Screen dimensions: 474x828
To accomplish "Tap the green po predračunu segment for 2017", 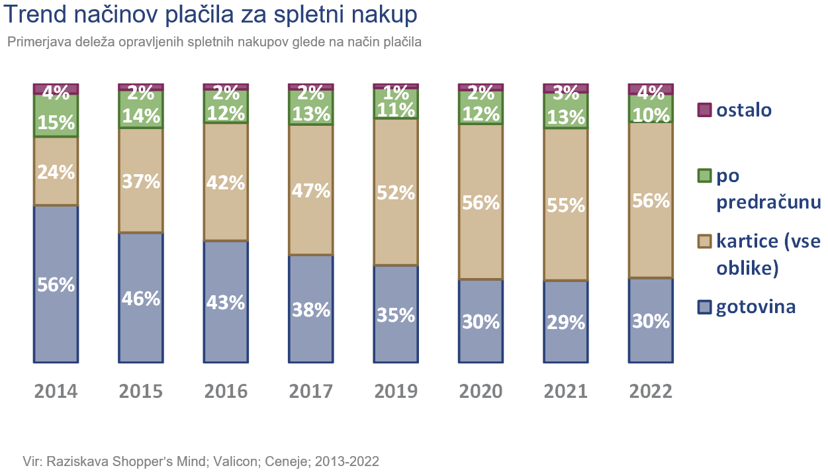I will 311,107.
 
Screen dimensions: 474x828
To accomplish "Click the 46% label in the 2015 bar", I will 141,299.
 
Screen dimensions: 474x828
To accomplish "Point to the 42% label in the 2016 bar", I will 226,183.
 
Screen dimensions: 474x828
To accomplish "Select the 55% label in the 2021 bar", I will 566,205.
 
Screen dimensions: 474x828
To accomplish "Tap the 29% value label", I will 566,322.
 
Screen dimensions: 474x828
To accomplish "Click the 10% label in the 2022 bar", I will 651,115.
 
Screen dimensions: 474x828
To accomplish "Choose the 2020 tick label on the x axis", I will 481,391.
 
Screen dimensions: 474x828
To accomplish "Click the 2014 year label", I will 56,391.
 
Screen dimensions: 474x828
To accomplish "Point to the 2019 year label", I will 396,391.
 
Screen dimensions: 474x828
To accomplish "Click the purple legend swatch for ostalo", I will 705,110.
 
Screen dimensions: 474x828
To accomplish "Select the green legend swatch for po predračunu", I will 705,176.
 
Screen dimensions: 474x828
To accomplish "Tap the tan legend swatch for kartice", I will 705,242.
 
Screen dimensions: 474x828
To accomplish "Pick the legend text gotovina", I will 756,307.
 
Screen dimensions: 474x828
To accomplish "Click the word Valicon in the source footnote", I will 234,461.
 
